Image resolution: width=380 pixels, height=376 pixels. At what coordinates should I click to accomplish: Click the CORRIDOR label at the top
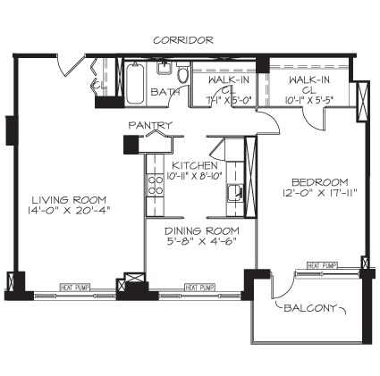(x=182, y=40)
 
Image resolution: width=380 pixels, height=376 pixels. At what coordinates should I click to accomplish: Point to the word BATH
(x=166, y=91)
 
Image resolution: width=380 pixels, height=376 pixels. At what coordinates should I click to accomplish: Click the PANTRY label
(x=149, y=125)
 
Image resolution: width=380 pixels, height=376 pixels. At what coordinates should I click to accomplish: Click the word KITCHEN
(x=195, y=165)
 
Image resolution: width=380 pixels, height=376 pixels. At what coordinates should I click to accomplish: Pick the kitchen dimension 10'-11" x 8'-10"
(x=196, y=177)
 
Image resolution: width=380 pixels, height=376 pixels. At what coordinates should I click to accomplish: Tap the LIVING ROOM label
(x=69, y=199)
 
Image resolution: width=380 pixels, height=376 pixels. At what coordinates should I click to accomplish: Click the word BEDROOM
(x=308, y=180)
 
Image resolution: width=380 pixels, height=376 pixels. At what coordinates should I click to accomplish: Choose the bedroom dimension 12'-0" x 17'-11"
(x=308, y=192)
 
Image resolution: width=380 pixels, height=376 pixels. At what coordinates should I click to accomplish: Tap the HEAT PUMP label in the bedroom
(x=323, y=265)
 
